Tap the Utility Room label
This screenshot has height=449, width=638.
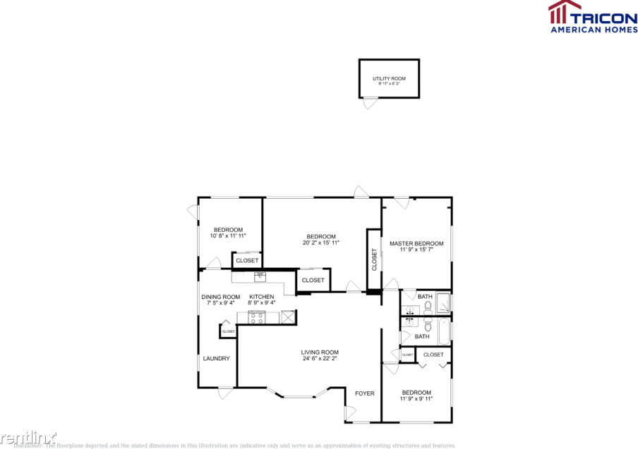[389, 79]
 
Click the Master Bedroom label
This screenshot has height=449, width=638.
[416, 243]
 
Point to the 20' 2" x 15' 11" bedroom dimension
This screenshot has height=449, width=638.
[321, 243]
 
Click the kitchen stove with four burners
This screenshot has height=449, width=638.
[256, 317]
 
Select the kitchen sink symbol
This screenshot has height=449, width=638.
[260, 276]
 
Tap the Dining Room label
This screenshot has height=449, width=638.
[221, 297]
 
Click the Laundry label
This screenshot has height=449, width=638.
[216, 358]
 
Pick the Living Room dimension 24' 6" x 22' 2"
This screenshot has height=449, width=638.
[320, 359]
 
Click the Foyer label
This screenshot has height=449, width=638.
[364, 393]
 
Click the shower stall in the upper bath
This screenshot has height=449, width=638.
[443, 303]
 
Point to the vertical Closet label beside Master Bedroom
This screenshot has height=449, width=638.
[374, 259]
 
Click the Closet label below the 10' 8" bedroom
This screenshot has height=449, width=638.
[247, 260]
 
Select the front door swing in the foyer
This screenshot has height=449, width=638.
[351, 415]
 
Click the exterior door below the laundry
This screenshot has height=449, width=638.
[225, 393]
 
